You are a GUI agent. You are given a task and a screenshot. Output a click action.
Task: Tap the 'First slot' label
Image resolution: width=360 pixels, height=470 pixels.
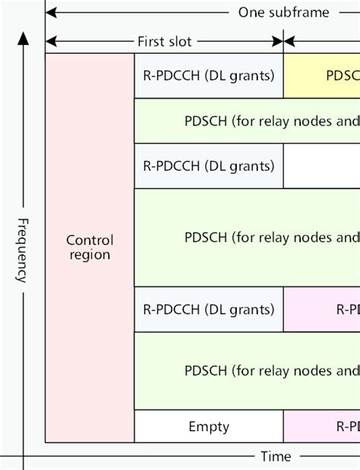[x=165, y=41]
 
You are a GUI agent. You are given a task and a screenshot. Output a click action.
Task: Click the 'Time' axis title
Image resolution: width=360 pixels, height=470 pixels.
[x=275, y=456]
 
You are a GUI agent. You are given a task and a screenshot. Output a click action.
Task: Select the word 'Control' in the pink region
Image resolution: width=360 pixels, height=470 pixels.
[x=90, y=239]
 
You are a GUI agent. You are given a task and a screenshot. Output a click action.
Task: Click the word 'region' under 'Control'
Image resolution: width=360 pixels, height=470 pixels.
[x=90, y=255]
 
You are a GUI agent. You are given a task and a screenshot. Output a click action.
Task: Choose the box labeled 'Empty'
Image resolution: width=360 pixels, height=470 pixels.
[x=209, y=427]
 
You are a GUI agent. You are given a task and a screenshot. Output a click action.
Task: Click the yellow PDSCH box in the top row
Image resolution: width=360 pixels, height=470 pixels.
[x=322, y=76]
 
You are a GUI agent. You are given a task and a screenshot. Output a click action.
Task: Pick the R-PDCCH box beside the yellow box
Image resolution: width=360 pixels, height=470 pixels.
[x=209, y=76]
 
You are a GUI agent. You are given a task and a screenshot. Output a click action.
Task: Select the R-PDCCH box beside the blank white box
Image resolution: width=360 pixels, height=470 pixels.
[x=209, y=166]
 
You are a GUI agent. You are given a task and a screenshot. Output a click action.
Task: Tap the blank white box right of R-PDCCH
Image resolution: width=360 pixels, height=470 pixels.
[x=322, y=166]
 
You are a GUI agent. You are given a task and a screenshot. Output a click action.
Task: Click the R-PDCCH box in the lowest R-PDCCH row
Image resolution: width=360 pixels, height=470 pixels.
[x=209, y=309]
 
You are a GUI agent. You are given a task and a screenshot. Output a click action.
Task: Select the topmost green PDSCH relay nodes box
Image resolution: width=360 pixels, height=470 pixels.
[x=247, y=121]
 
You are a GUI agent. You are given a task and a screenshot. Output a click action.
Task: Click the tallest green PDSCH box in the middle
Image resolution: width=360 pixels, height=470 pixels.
[x=247, y=237]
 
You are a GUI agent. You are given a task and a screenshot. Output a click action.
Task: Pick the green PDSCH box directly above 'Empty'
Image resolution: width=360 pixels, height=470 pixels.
[x=247, y=371]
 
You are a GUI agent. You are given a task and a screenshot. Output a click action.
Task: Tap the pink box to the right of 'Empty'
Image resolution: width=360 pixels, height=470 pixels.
[x=322, y=427]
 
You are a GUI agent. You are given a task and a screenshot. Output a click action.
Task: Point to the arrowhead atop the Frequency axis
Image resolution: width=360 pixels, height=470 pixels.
[x=25, y=38]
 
